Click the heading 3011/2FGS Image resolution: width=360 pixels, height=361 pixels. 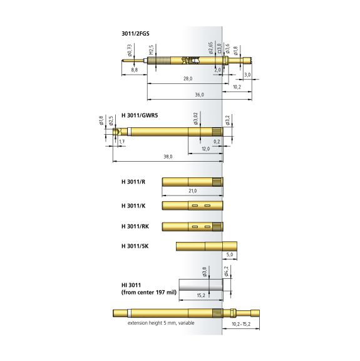point(135,34)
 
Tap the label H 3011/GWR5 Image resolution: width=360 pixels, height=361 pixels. point(140,115)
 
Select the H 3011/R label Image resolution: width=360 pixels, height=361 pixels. point(133,182)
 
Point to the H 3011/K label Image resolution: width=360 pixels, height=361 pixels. point(133,206)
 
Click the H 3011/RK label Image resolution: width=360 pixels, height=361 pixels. point(135,226)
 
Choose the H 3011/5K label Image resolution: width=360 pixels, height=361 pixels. point(135,246)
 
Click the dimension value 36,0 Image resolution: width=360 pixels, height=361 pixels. point(200,95)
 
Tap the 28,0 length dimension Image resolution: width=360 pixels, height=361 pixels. point(188,79)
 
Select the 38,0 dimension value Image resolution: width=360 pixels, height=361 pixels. point(168,157)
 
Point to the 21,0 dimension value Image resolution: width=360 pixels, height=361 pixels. point(193,191)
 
